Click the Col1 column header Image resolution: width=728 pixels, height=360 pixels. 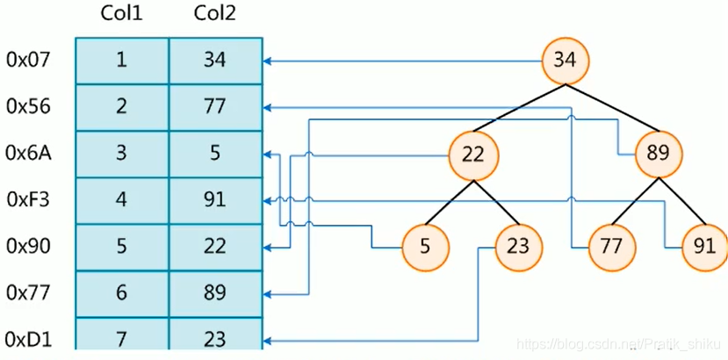(122, 14)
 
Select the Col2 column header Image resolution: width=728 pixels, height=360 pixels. (214, 14)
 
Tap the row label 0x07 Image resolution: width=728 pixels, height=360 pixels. (28, 61)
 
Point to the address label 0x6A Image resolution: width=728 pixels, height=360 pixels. (28, 154)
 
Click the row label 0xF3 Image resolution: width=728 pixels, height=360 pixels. (28, 200)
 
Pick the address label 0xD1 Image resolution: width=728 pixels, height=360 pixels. (28, 340)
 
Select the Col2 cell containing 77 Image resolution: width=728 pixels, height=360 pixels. (215, 107)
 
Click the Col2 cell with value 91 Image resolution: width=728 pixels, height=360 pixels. (215, 201)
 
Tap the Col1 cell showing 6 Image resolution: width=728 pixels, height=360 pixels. (122, 294)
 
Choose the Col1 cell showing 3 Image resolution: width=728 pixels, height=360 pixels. (122, 154)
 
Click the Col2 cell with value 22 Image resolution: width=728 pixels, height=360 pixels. (215, 247)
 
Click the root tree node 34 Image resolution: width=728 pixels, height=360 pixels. (565, 61)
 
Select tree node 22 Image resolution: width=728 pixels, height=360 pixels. (473, 155)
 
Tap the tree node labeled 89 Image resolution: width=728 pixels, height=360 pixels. (659, 155)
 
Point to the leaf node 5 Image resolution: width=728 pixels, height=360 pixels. (425, 247)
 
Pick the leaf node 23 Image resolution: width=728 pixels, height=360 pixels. (518, 247)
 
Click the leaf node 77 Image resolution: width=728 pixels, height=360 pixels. (611, 247)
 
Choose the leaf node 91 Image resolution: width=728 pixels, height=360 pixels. (705, 247)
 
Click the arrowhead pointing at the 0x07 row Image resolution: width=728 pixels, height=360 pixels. (266, 61)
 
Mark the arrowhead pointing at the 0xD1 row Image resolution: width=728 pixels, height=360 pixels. (266, 342)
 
